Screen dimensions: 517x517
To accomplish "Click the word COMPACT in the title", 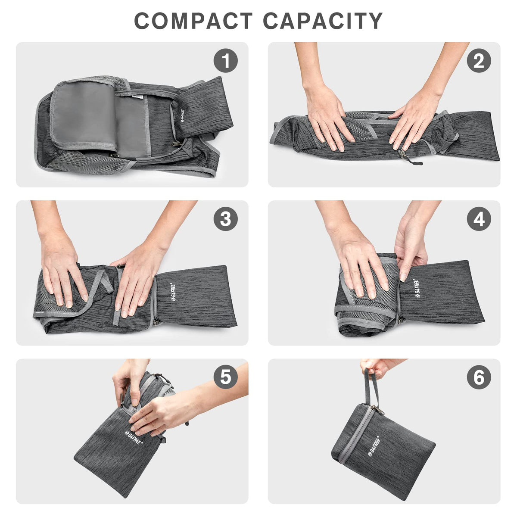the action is [193, 21].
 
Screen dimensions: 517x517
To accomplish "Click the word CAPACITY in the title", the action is [323, 21].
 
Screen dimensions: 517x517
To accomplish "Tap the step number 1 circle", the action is [226, 61].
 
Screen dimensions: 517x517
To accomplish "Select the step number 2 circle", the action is [479, 61].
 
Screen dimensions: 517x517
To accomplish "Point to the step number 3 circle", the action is [226, 219].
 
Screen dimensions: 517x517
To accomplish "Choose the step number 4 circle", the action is [479, 219].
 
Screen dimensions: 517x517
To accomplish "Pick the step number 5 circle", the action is [226, 377].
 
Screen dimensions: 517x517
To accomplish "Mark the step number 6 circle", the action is [479, 377].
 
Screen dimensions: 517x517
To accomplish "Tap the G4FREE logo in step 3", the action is [174, 292].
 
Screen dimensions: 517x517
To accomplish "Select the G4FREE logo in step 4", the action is [418, 288].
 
